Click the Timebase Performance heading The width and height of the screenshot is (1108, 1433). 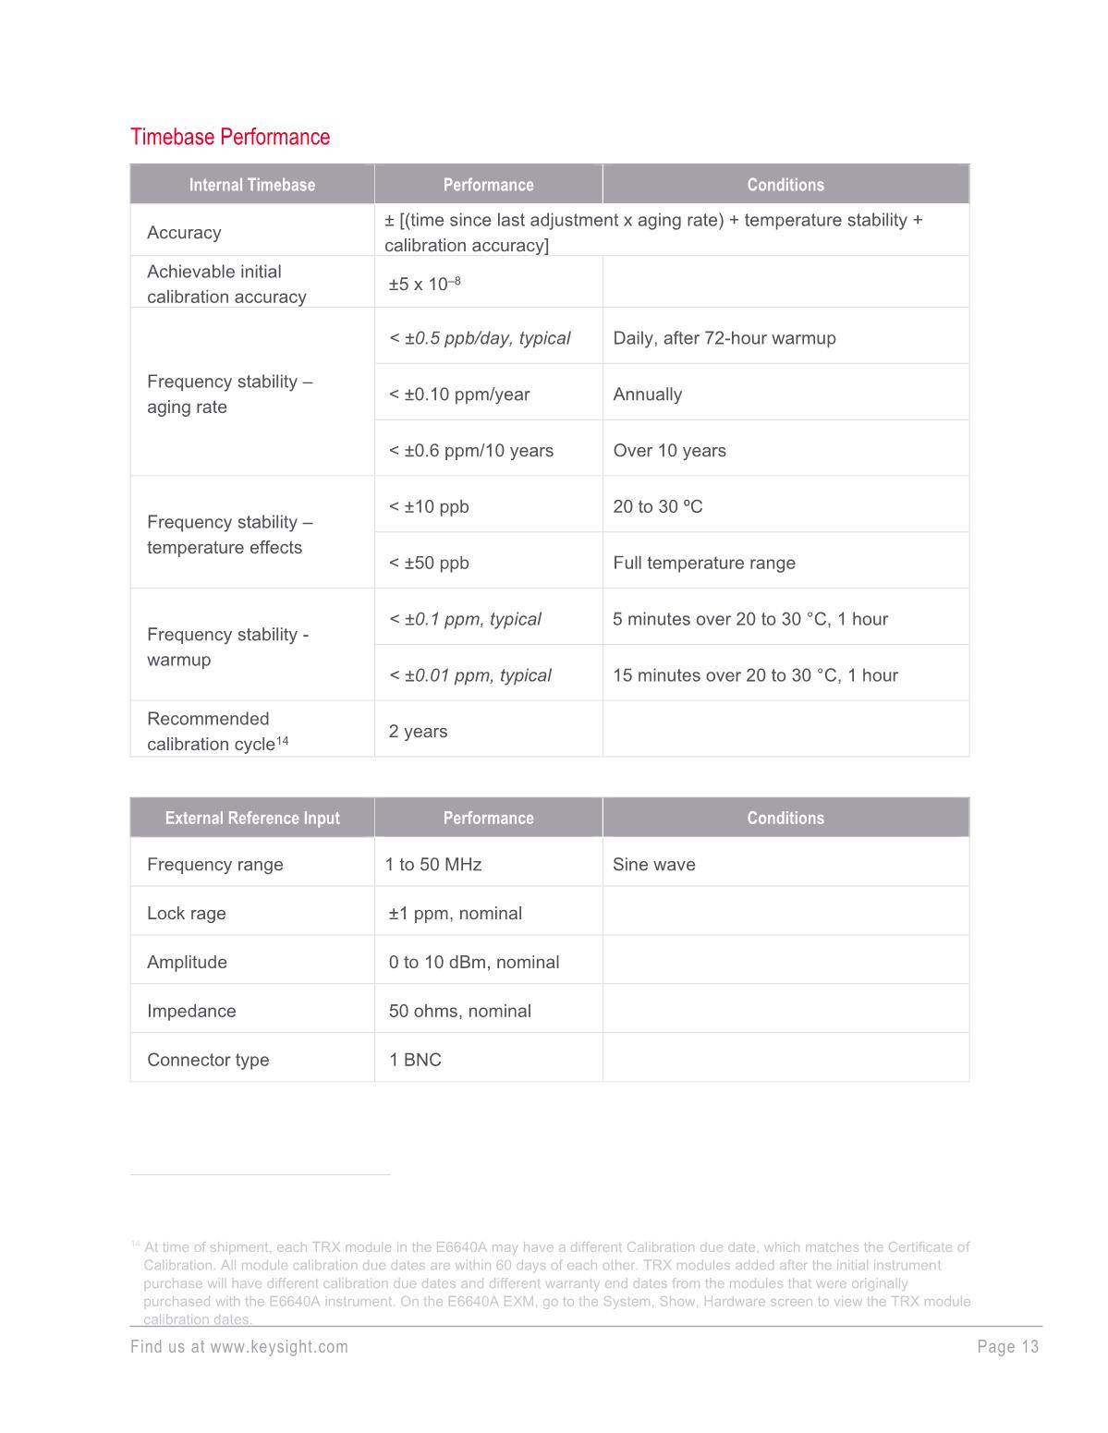point(230,137)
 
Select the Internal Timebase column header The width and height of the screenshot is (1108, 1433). point(251,185)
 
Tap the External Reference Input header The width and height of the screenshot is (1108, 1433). point(251,818)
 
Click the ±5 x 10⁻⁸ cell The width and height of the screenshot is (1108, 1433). point(424,284)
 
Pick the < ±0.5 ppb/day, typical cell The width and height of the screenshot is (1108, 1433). point(479,338)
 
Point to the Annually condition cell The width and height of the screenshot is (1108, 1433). point(647,395)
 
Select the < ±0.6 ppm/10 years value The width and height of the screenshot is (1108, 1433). point(470,451)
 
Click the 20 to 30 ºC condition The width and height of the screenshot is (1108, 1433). point(657,507)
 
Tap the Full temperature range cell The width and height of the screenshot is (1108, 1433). point(703,564)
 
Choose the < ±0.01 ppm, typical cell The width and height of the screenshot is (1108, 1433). point(469,675)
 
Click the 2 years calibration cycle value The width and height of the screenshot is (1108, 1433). point(418,732)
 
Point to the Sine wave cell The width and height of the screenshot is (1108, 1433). point(653,865)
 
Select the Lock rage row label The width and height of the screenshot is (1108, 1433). point(186,914)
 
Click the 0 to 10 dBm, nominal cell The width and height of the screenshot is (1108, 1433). point(473,963)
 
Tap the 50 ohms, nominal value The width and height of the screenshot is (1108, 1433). point(459,1012)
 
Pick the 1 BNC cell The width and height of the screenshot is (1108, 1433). point(415,1061)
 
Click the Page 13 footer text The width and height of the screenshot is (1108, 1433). point(1007,1347)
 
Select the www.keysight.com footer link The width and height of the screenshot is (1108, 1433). point(278,1347)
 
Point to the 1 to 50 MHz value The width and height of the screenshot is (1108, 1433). point(432,865)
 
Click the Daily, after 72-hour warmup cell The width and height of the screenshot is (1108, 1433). point(724,338)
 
